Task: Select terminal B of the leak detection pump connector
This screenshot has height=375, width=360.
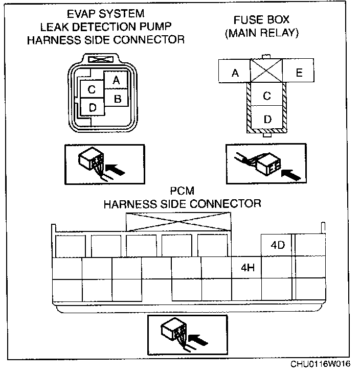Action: (117, 98)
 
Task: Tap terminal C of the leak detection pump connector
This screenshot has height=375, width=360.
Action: (92, 90)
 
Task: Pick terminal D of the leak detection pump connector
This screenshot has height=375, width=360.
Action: (92, 107)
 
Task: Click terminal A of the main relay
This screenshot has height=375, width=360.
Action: (235, 73)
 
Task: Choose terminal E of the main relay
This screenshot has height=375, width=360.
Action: (299, 73)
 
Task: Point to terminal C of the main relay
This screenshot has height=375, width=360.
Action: (267, 95)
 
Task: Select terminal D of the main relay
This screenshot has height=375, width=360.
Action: (267, 119)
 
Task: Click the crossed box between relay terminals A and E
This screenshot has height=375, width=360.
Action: (266, 71)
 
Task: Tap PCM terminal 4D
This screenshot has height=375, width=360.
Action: (277, 245)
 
